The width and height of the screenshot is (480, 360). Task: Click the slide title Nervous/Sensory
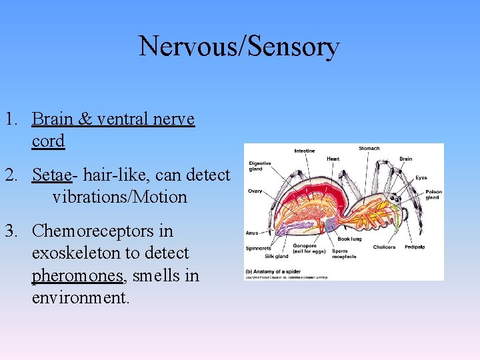[x=239, y=47]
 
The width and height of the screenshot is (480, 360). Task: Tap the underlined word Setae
[x=51, y=175]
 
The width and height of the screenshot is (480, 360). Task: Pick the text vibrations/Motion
[x=119, y=197]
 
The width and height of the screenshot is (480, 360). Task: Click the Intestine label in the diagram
[x=305, y=151]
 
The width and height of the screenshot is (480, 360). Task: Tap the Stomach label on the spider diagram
[x=369, y=149]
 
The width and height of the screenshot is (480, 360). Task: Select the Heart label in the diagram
[x=333, y=159]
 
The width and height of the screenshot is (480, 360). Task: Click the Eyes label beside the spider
[x=421, y=178]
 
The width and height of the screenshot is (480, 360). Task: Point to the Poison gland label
[x=433, y=194]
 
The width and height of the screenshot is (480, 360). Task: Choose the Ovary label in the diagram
[x=255, y=191]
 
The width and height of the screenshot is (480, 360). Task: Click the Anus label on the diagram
[x=252, y=233]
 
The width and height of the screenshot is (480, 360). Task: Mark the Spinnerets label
[x=257, y=248]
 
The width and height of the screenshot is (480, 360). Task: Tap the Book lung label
[x=349, y=239]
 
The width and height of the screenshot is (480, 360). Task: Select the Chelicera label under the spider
[x=384, y=247]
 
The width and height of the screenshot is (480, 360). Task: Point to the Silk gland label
[x=276, y=256]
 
